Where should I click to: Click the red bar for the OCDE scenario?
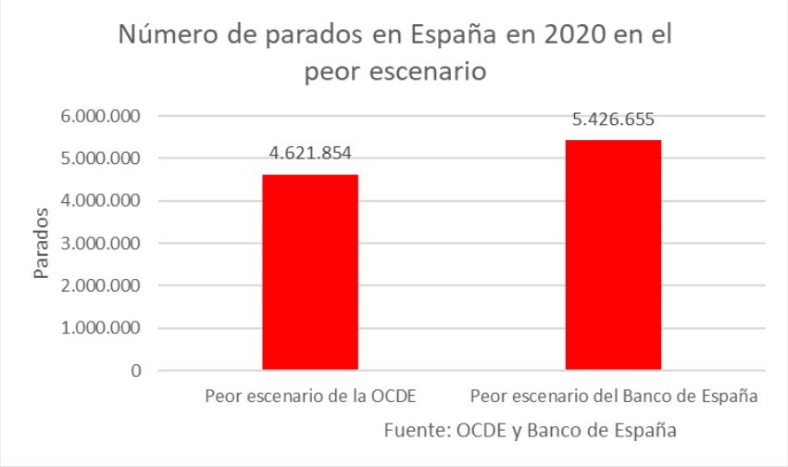(310, 272)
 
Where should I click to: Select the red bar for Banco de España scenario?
(613, 255)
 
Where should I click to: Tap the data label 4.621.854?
(310, 155)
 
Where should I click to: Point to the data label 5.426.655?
(613, 120)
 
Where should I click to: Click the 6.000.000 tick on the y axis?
(98, 117)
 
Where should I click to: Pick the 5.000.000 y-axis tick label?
(98, 158)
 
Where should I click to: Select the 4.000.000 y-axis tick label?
(98, 201)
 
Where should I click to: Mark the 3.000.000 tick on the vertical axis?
(98, 244)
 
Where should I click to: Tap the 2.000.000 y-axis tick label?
(98, 286)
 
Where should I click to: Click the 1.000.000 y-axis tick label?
(98, 329)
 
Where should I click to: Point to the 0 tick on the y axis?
(134, 372)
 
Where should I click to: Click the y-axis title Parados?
(42, 244)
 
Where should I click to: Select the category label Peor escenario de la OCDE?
(310, 397)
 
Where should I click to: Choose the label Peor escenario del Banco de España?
(614, 397)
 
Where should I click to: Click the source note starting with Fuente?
(529, 430)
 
